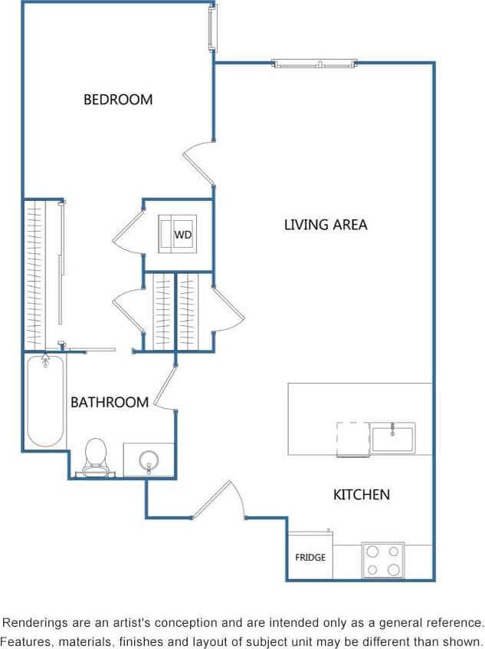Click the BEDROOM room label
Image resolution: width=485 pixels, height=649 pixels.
[118, 99]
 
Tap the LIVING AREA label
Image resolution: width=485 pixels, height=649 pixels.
[326, 225]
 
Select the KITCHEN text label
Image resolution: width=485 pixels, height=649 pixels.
[361, 495]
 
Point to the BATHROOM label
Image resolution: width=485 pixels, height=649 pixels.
[110, 402]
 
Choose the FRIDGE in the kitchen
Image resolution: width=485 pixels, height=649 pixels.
[310, 557]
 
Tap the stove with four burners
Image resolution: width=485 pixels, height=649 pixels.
[383, 560]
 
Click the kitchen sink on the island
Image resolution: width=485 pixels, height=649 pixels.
[392, 438]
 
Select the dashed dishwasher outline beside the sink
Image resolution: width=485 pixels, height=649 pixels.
[352, 439]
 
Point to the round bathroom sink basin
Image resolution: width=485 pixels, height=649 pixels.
[149, 460]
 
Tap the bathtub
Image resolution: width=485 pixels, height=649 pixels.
[45, 400]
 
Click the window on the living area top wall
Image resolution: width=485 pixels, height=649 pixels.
[314, 64]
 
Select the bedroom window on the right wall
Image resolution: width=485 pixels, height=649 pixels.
[212, 28]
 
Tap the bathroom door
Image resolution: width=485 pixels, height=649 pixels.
[166, 387]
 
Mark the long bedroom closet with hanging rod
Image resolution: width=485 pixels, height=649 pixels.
[42, 274]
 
